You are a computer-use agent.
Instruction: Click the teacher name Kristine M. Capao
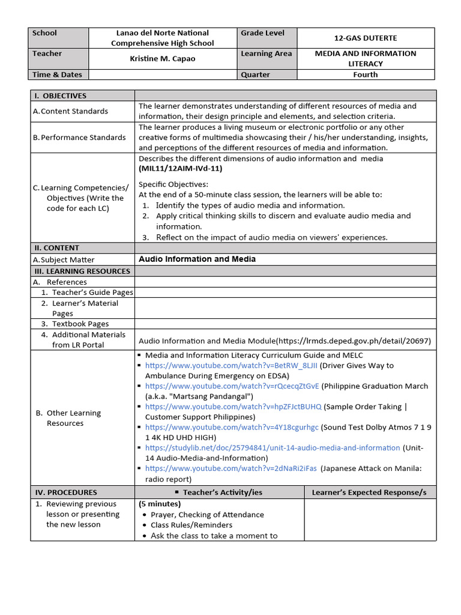coord(163,59)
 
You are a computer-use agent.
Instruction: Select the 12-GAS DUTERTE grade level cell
coord(365,38)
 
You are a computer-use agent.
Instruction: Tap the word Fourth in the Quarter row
coord(365,74)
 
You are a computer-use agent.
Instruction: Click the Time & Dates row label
coord(57,74)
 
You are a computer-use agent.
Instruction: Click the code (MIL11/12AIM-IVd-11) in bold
coord(181,169)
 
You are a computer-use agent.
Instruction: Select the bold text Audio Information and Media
coord(197,259)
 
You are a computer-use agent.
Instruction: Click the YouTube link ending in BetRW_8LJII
coord(231,365)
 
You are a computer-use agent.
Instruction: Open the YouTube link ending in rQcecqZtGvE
coord(232,386)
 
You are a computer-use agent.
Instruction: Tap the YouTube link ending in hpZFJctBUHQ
coord(233,407)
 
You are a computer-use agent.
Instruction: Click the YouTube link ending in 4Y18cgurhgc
coord(232,427)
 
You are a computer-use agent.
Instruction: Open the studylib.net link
coord(272,447)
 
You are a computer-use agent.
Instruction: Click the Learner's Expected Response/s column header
coord(369,492)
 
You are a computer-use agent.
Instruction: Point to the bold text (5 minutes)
coord(159,504)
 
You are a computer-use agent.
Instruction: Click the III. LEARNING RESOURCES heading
coord(82,271)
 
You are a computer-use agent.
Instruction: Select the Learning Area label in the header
coord(266,53)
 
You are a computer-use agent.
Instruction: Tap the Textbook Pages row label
coord(80,324)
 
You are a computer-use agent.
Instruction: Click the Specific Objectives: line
coord(173,184)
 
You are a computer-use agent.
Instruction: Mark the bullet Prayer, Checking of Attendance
coord(207,515)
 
